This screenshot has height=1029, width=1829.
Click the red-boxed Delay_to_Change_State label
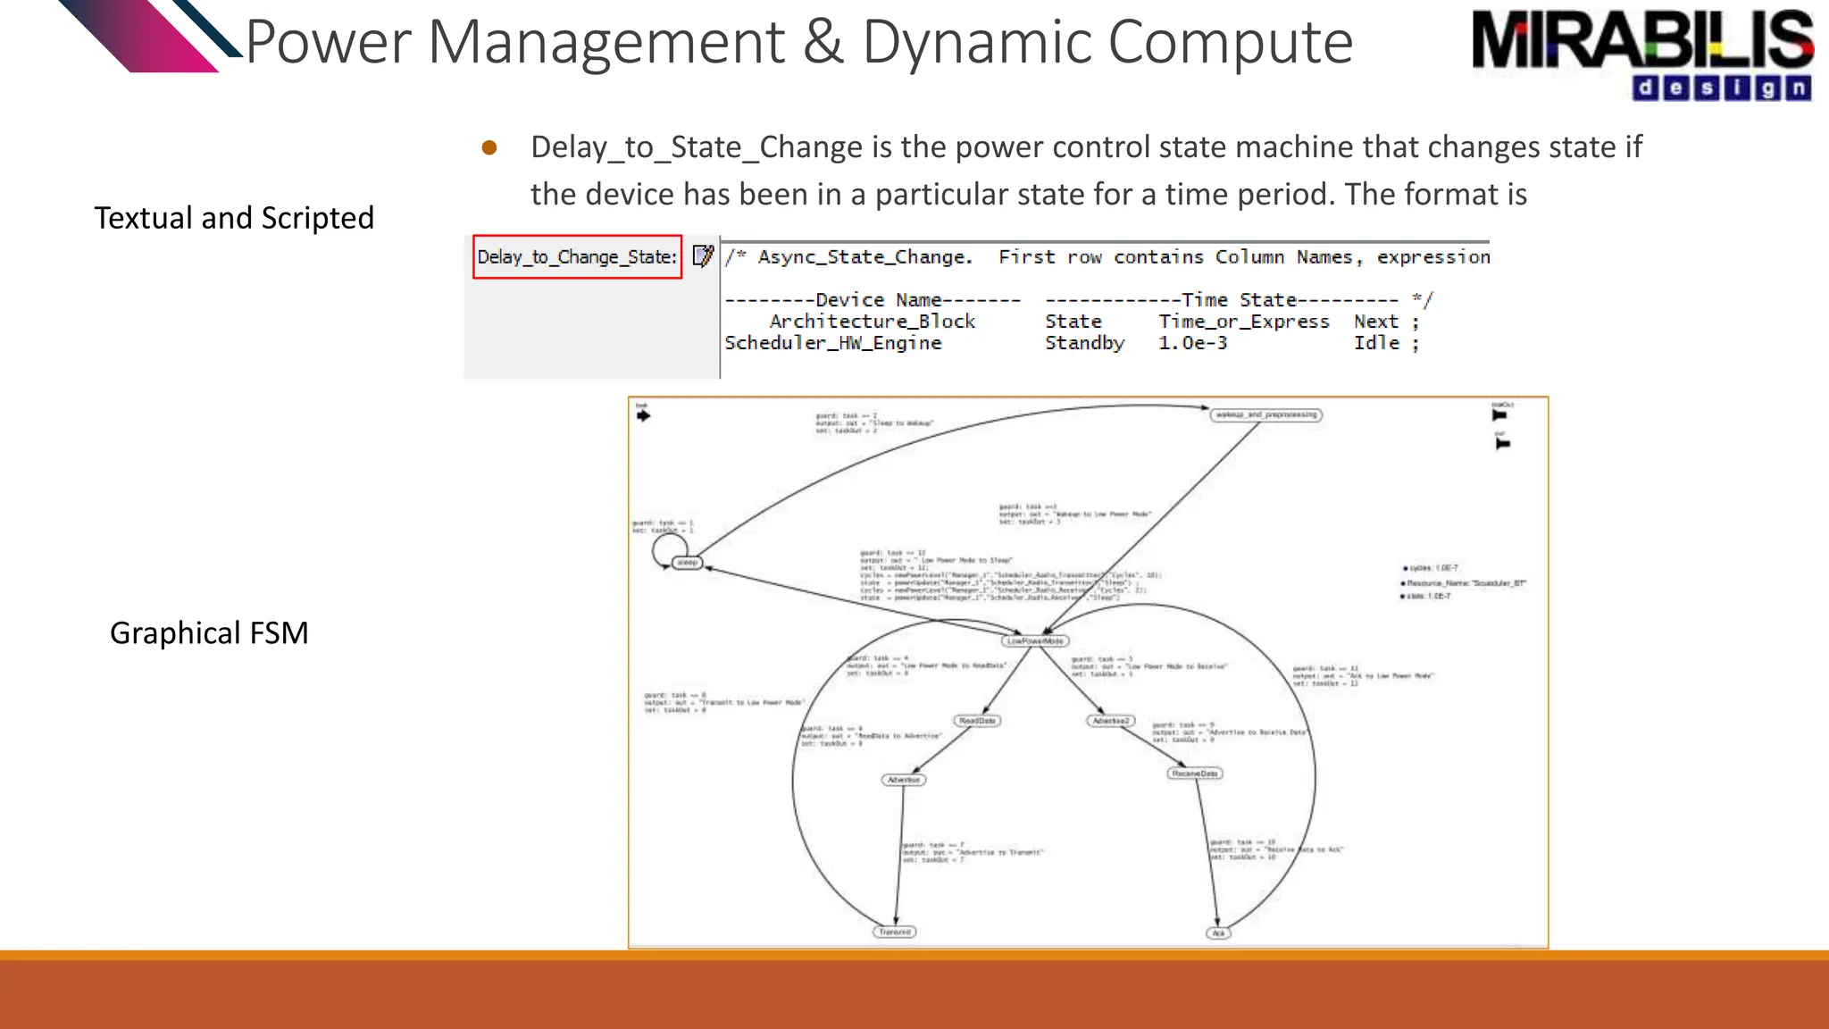click(x=577, y=257)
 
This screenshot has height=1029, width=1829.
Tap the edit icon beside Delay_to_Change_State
click(x=703, y=256)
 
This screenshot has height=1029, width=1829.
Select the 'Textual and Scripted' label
click(x=234, y=218)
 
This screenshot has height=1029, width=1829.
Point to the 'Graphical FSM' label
click(x=209, y=632)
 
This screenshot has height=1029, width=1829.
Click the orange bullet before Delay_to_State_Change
click(x=489, y=147)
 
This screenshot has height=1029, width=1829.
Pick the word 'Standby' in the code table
click(x=1084, y=343)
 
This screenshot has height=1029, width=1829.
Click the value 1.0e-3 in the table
click(x=1192, y=343)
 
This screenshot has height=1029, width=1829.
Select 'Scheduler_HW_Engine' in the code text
click(x=832, y=343)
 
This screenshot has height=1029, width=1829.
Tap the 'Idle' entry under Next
click(x=1375, y=343)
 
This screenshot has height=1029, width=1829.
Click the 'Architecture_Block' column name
click(x=872, y=322)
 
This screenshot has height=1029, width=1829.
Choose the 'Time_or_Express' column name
click(x=1243, y=322)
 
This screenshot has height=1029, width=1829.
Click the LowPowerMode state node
click(x=1035, y=641)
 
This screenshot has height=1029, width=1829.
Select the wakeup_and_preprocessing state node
click(x=1266, y=414)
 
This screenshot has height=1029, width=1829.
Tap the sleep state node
click(x=687, y=563)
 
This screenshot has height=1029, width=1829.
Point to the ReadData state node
click(x=976, y=721)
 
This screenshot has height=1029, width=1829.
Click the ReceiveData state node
click(x=1194, y=774)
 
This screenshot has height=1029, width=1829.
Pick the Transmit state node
click(x=894, y=932)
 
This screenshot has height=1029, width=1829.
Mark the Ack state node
click(x=1218, y=933)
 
